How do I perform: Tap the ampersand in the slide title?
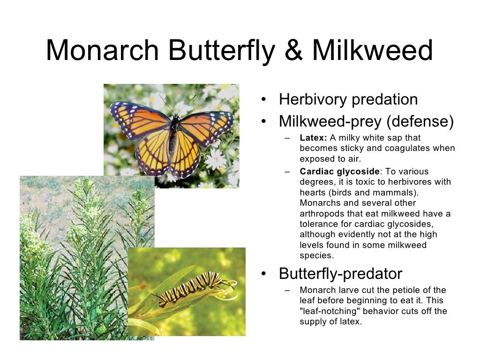point(294,51)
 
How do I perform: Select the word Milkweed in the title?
point(373,51)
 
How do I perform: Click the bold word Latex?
point(313,138)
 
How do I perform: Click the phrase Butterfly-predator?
point(340,273)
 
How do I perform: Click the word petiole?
point(408,290)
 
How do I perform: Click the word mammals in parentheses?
point(412,192)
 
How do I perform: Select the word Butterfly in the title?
point(220,51)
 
